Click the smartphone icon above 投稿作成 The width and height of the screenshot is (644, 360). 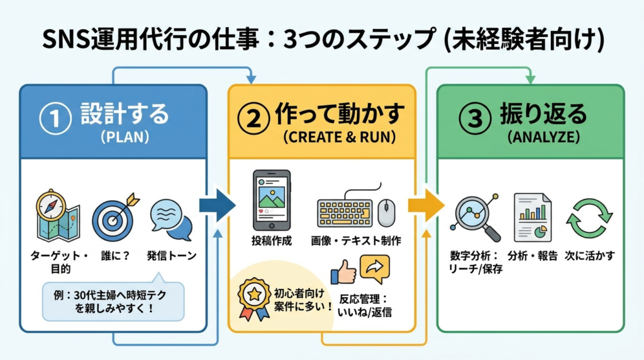[271, 200]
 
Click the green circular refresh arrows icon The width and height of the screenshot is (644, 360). [589, 218]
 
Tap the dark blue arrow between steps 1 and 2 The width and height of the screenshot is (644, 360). [216, 205]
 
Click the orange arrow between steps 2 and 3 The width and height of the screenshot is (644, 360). [426, 205]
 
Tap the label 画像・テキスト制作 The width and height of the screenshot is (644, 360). [356, 240]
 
